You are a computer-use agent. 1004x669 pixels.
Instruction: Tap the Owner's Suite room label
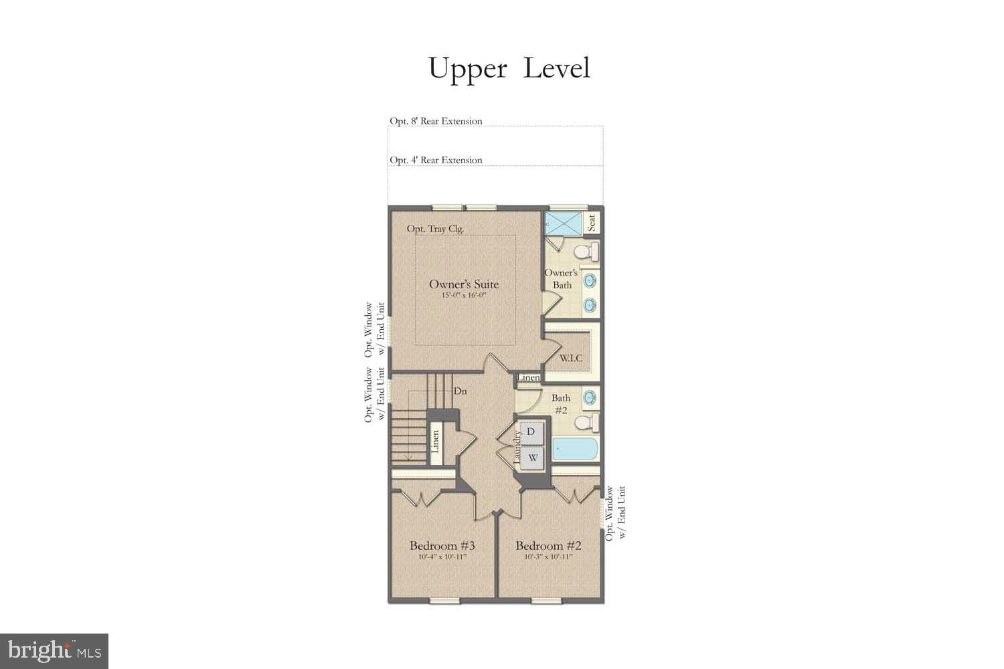[x=464, y=284]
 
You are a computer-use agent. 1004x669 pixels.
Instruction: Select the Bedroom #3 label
[x=442, y=546]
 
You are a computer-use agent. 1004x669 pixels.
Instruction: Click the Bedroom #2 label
[x=548, y=546]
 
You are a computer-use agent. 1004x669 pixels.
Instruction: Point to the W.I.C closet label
[x=571, y=358]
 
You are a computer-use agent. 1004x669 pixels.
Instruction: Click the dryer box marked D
[x=531, y=432]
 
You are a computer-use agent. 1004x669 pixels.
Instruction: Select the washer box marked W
[x=533, y=458]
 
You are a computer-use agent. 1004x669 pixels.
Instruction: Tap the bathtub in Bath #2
[x=575, y=449]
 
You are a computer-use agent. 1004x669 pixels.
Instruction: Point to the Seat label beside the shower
[x=592, y=223]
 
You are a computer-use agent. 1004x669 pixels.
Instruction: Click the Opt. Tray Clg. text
[x=435, y=229]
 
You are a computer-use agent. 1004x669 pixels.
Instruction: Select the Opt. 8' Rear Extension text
[x=436, y=121]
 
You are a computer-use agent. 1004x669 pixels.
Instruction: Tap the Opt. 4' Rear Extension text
[x=436, y=160]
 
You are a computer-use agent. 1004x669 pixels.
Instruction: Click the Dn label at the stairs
[x=460, y=391]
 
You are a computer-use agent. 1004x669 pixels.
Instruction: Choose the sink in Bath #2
[x=590, y=397]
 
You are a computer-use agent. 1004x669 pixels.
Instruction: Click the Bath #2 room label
[x=561, y=403]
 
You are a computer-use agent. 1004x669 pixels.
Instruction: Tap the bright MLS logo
[x=54, y=651]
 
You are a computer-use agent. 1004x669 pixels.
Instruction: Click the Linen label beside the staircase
[x=435, y=442]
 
